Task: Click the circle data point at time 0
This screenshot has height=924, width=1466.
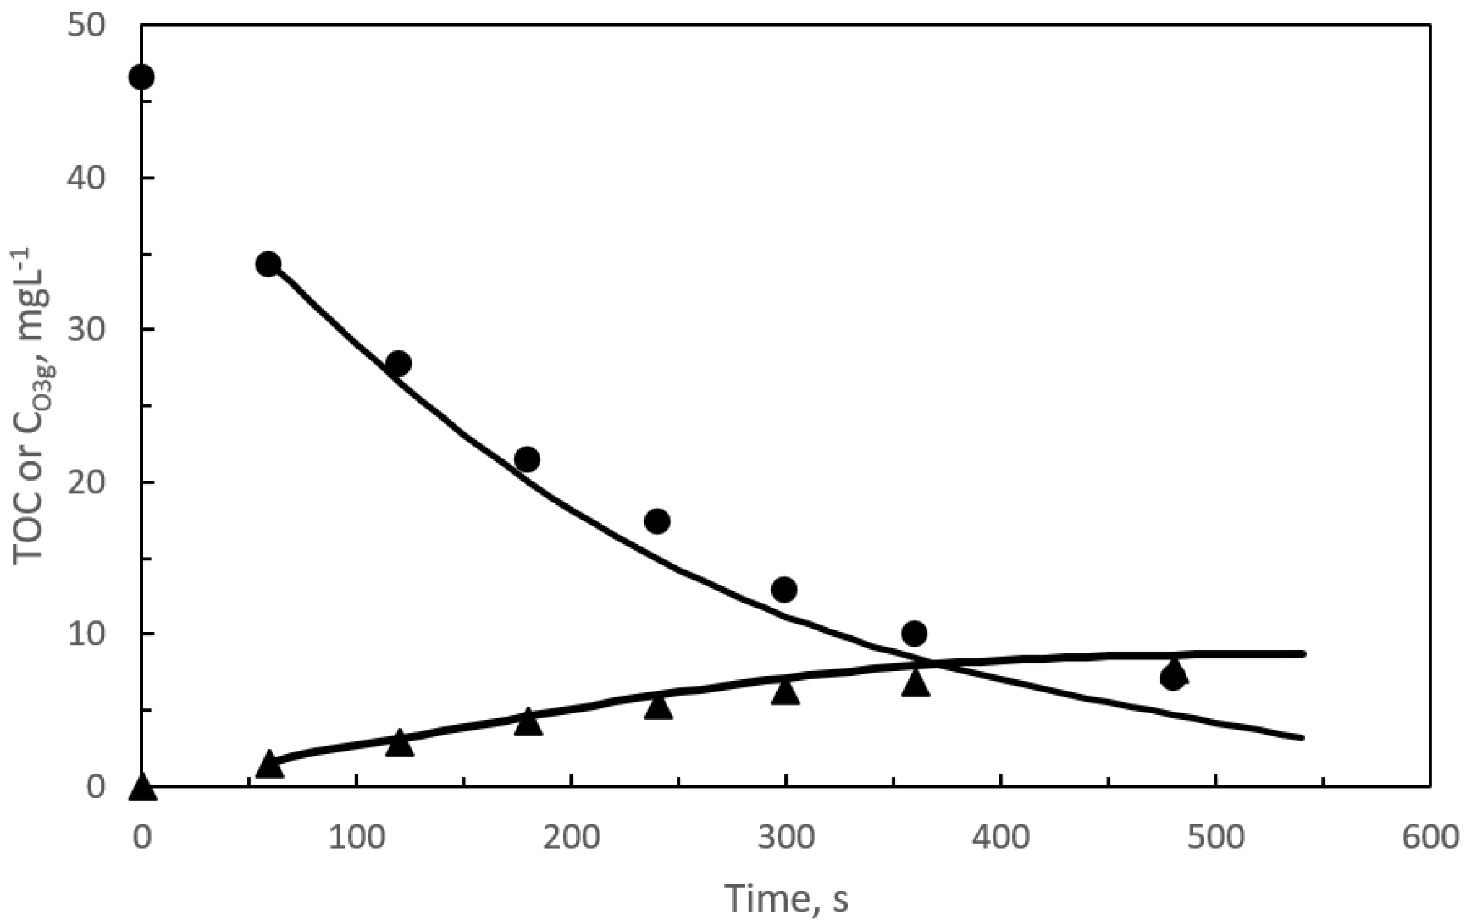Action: (141, 77)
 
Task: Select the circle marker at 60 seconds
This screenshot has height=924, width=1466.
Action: (268, 264)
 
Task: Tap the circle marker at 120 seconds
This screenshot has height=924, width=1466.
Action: (399, 363)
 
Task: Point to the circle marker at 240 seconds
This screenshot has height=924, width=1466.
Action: (657, 521)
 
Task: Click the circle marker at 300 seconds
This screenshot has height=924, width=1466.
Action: (784, 589)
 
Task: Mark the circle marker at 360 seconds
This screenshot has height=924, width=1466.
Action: (915, 634)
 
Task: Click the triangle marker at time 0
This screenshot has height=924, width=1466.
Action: (141, 788)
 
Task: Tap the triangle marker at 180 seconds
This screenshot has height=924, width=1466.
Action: (528, 723)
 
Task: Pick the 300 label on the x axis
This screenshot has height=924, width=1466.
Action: (785, 838)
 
